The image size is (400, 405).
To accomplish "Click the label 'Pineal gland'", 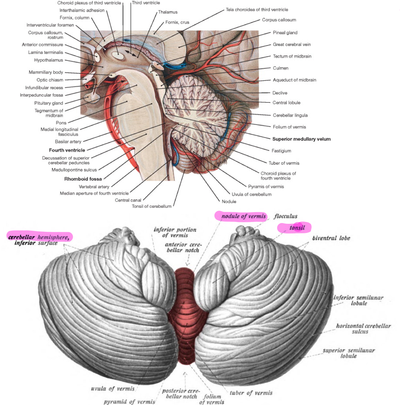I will (285, 33).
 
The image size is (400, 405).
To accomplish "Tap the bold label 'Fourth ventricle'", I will (67, 150).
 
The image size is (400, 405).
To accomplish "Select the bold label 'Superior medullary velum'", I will (301, 139).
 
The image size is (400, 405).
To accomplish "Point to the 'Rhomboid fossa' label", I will (83, 179).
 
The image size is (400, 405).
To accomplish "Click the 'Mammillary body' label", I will (46, 72).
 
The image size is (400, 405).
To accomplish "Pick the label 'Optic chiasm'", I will (50, 80).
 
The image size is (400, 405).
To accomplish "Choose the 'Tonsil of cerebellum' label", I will (152, 206).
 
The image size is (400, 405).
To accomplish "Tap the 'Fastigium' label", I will (281, 151).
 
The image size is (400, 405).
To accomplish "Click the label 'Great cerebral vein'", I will (292, 45).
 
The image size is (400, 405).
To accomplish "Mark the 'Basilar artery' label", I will (68, 142).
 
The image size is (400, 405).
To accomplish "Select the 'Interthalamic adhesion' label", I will (82, 11).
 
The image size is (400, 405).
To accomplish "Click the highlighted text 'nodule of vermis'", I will (244, 217).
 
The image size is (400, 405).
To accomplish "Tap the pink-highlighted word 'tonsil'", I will (297, 228).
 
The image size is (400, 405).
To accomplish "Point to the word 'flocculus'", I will (286, 217).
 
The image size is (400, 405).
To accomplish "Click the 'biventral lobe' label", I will (331, 238).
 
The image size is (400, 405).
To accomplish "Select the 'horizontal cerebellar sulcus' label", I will (363, 329).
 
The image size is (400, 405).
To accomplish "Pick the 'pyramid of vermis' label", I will (129, 402).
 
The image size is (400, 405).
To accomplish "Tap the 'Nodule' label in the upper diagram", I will (229, 202).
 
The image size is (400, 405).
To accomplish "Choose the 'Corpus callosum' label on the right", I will (279, 20).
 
